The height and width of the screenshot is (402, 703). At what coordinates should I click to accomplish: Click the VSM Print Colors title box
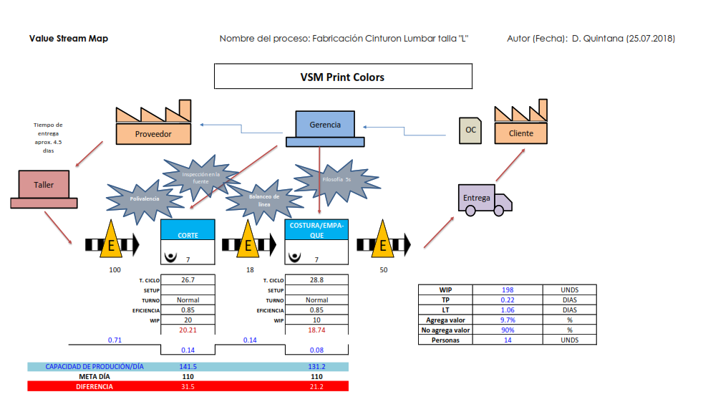[x=343, y=77]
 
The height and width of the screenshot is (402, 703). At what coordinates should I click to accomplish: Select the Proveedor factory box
[x=153, y=133]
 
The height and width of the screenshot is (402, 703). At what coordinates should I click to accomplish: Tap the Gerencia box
[x=324, y=125]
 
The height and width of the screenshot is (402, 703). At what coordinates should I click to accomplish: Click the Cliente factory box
[x=520, y=133]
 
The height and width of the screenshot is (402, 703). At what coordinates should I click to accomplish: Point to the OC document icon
[x=470, y=130]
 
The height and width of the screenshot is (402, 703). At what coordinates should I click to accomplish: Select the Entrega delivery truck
[x=484, y=198]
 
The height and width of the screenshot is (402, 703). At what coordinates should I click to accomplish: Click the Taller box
[x=44, y=185]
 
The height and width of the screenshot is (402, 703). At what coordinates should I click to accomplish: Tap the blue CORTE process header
[x=188, y=229]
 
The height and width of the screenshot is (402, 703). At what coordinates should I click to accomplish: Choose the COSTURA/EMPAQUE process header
[x=316, y=229]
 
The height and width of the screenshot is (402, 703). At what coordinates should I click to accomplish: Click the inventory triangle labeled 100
[x=111, y=243]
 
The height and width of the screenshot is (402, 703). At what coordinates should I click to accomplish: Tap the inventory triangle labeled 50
[x=383, y=243]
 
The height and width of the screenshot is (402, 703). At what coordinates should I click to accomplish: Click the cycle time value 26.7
[x=188, y=279]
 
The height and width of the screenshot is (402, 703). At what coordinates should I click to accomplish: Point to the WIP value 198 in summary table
[x=508, y=289]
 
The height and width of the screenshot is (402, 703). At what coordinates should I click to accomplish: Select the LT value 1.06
[x=508, y=310]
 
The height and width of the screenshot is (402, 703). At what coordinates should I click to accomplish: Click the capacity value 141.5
[x=188, y=366]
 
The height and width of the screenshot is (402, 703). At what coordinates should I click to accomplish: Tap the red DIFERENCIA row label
[x=94, y=386]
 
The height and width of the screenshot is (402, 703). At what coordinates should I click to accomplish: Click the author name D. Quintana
[x=598, y=38]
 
